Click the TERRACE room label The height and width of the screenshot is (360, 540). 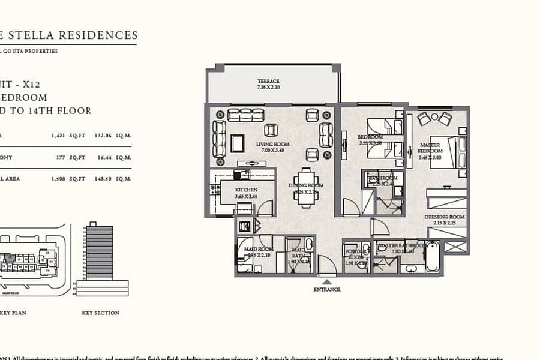(268, 81)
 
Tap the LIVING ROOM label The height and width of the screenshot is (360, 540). (273, 144)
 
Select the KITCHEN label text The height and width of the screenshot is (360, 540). (246, 190)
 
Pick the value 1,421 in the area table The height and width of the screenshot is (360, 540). (58, 135)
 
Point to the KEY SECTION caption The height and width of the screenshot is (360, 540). (100, 313)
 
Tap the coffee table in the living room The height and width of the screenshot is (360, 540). (238, 143)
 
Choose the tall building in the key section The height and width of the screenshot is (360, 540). (99, 252)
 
